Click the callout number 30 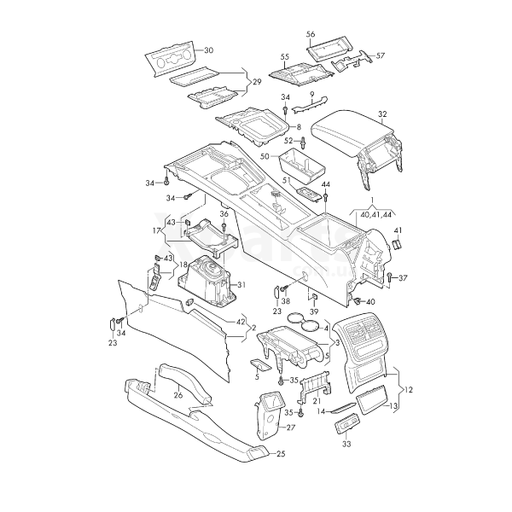click(208, 50)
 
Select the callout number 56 click(311, 34)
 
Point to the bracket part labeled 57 click(352, 61)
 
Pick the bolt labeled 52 click(302, 142)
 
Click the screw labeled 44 click(326, 197)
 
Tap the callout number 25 click(281, 454)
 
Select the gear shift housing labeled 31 click(207, 282)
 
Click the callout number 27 click(290, 428)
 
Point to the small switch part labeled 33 click(346, 423)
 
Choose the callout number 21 click(317, 400)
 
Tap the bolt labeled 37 click(390, 277)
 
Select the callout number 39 click(313, 311)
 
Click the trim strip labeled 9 click(310, 104)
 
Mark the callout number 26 click(178, 396)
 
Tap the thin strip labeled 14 click(342, 407)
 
